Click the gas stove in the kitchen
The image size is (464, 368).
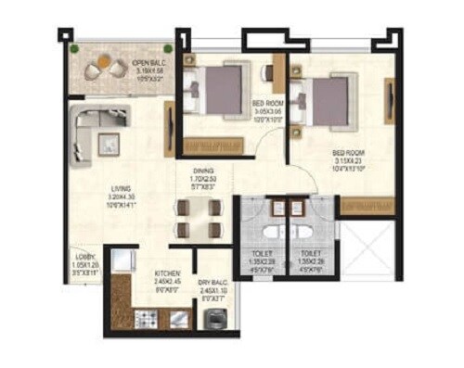coord(145,320)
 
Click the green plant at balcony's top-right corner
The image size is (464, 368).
coord(168,49)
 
